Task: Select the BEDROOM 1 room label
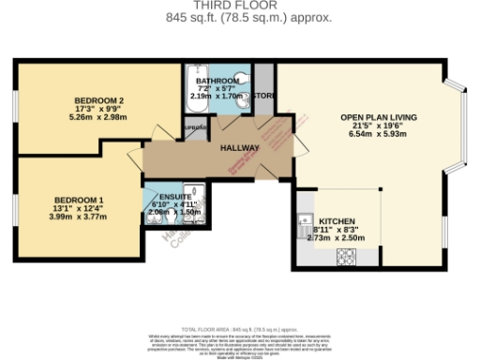(79, 200)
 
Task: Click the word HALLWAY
(240, 148)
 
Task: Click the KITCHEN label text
(336, 220)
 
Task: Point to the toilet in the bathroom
(245, 77)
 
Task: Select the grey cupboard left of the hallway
(197, 128)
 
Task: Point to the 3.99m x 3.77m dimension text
(79, 217)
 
